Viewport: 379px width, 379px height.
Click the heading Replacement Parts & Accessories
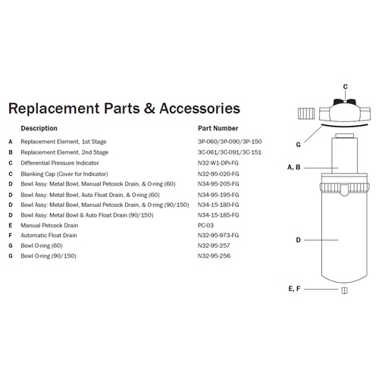pos(124,108)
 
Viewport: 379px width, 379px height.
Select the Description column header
pos(39,128)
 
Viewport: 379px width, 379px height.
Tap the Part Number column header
pos(218,128)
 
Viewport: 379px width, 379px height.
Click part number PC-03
pos(205,225)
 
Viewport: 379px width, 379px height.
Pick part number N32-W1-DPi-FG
pos(218,163)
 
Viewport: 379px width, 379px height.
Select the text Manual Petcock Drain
pos(49,225)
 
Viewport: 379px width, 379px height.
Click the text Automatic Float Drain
pos(49,235)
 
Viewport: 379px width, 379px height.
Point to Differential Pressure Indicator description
pos(60,163)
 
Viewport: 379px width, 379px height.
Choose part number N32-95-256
pos(214,255)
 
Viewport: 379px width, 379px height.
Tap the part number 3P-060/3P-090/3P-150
pos(230,142)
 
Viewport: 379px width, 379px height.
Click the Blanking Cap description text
pos(64,174)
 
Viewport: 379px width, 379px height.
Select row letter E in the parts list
pos(11,225)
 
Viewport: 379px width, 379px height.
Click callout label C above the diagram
pos(345,86)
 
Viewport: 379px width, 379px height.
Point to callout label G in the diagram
pos(298,145)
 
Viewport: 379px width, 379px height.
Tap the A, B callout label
pos(294,168)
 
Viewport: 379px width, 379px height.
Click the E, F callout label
pos(294,289)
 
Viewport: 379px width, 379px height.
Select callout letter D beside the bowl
pos(298,240)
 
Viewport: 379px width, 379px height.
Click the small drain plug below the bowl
pos(344,290)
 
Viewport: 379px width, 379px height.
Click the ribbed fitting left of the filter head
pos(306,114)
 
